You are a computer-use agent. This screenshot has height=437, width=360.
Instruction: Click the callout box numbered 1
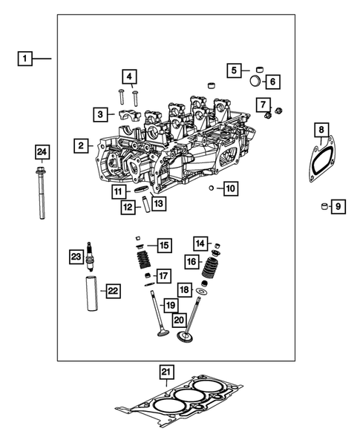coord(26,58)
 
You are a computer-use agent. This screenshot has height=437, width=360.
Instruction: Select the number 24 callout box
coord(42,153)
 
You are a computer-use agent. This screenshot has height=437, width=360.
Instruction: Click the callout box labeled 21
coord(166,372)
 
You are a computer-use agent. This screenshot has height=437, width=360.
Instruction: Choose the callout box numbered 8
coord(321,130)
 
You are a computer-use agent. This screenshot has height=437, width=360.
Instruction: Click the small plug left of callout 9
coord(323,206)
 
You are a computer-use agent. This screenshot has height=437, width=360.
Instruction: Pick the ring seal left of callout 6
coord(256,80)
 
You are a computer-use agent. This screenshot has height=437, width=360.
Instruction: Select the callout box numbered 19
coord(170,306)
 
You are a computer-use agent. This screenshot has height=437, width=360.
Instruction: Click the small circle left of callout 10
coord(212,188)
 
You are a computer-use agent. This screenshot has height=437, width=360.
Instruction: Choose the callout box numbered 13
coord(158,203)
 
